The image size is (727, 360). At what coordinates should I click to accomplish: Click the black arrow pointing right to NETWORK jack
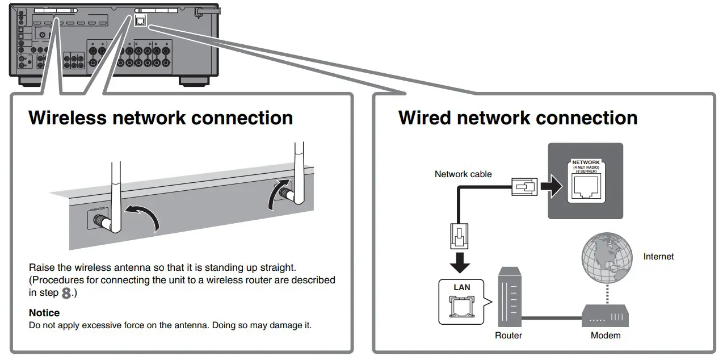tap(549, 186)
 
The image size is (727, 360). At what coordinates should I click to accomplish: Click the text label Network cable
tap(463, 174)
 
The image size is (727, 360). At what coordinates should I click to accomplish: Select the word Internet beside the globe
tap(658, 257)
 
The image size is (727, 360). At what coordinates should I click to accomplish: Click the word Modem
tap(606, 336)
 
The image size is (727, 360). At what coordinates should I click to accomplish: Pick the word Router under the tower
tap(509, 336)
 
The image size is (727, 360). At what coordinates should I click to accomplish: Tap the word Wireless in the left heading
tap(68, 118)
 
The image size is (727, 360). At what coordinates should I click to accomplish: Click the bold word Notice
tap(44, 313)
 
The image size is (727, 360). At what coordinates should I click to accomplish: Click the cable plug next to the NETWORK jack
tap(524, 186)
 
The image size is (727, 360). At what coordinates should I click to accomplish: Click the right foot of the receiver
tap(195, 80)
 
